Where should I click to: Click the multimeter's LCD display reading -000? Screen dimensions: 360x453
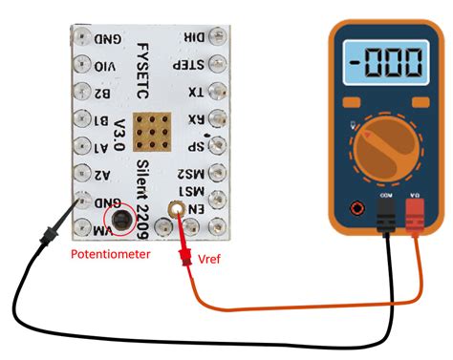point(384,67)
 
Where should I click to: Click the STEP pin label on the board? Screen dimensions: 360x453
point(191,66)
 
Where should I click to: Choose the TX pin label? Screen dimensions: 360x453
point(196,93)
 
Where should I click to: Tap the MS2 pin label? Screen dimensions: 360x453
point(192,173)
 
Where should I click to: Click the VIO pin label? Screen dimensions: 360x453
point(107,67)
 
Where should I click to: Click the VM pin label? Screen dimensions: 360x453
point(99,228)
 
